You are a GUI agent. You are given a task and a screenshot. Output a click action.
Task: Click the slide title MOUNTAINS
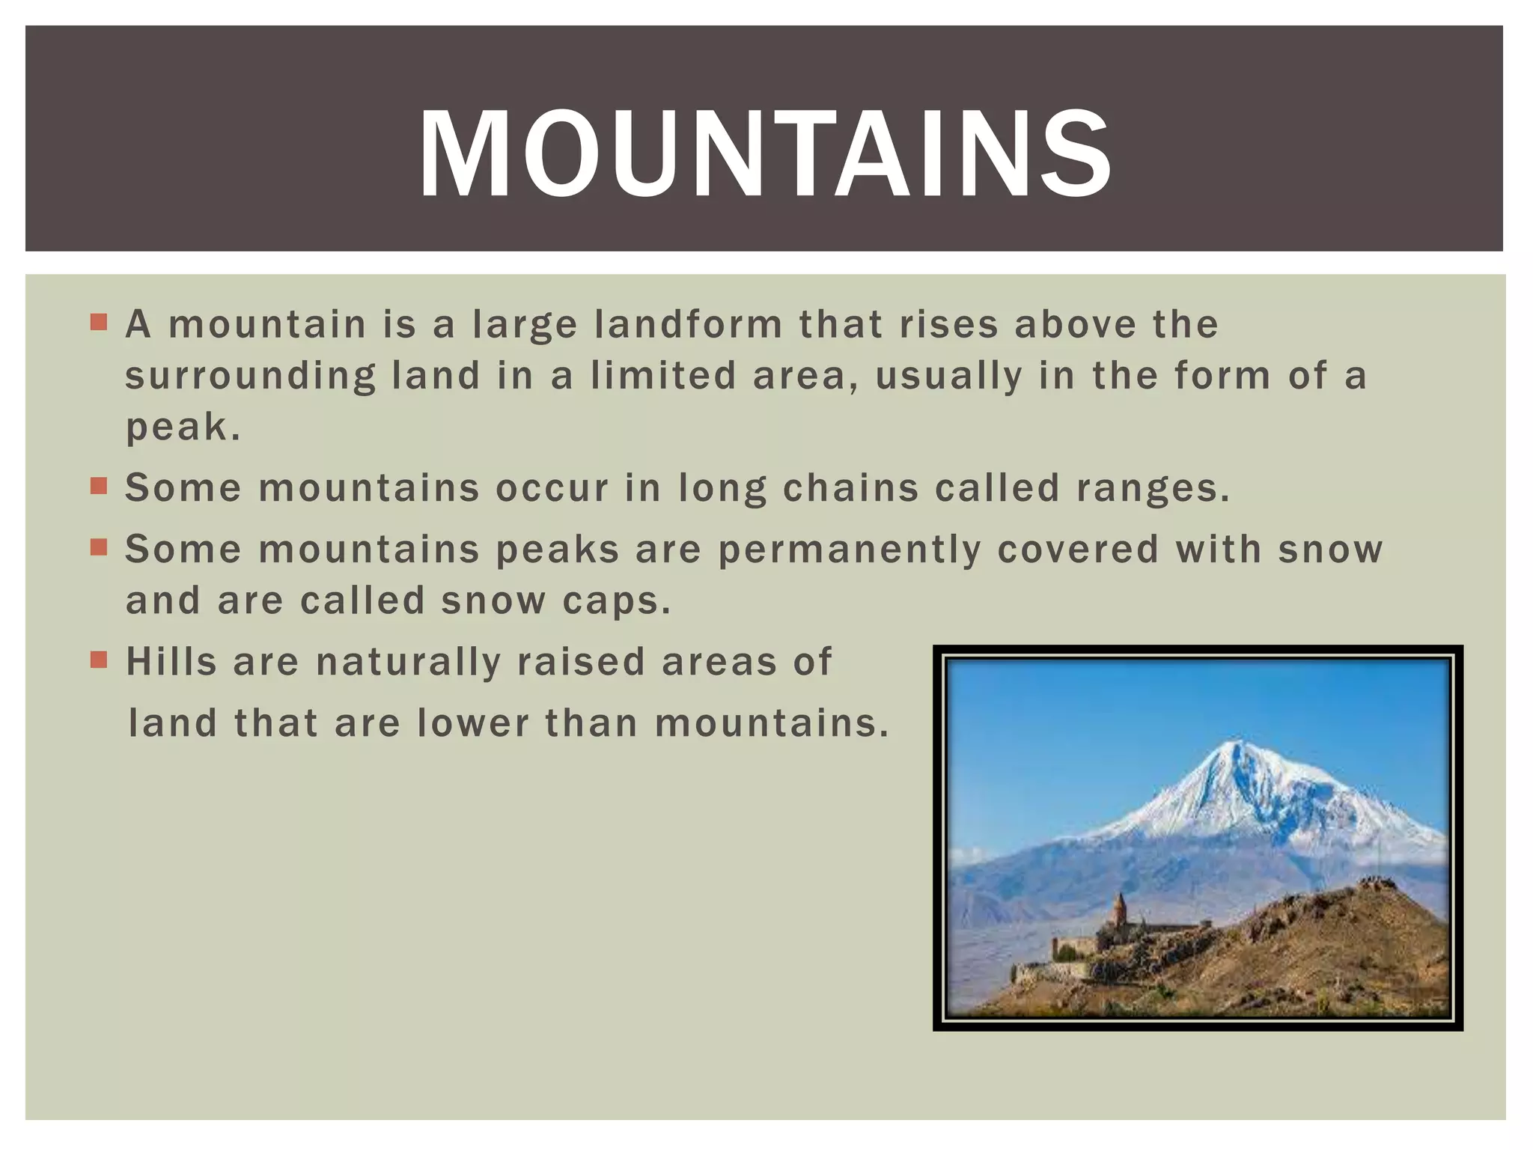click(x=764, y=153)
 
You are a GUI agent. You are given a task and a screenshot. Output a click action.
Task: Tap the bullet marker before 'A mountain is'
click(x=99, y=323)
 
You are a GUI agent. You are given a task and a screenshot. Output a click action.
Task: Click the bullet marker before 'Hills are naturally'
click(x=99, y=660)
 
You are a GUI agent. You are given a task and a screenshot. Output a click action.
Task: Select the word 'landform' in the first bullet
click(x=689, y=325)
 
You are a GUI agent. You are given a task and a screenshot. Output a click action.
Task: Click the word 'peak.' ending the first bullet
click(x=183, y=428)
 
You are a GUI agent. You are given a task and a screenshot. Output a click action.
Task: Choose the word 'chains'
click(x=850, y=488)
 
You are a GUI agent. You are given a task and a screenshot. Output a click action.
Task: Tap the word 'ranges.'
click(x=1153, y=488)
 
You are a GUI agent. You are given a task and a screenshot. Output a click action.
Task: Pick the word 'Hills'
click(x=171, y=662)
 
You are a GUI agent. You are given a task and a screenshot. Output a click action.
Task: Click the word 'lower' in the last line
click(x=473, y=723)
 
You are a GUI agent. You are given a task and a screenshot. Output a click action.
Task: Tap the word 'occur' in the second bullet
click(x=552, y=488)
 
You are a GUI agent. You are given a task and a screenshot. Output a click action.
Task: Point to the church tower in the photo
click(x=1119, y=909)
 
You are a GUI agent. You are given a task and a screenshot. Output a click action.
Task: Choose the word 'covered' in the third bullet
click(x=1078, y=550)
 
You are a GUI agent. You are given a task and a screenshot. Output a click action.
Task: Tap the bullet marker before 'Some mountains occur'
click(x=99, y=487)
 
